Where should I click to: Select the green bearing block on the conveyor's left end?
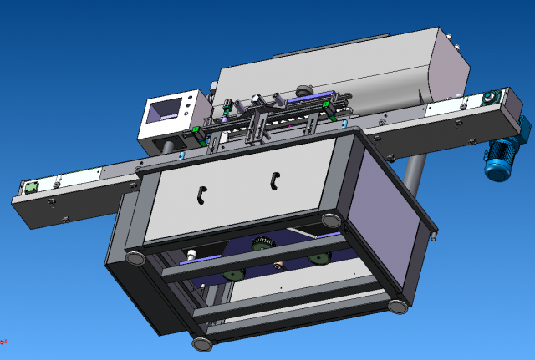click(32, 187)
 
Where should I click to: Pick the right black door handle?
click(275, 178)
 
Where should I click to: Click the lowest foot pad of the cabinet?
click(201, 342)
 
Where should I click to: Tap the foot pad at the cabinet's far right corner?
click(398, 305)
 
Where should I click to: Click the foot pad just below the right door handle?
click(332, 220)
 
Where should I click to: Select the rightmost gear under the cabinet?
click(318, 258)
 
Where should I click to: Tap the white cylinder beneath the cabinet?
click(191, 254)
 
